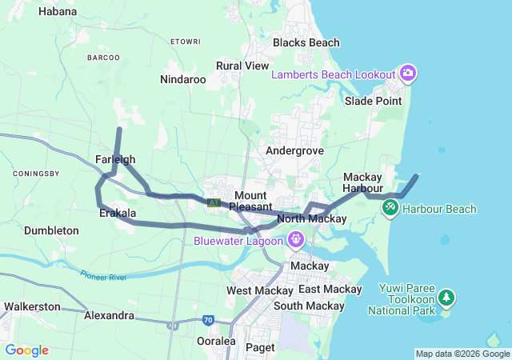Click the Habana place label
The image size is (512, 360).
[58, 12]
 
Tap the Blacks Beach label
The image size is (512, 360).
[306, 42]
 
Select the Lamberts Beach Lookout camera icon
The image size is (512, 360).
[408, 74]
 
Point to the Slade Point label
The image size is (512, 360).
[373, 101]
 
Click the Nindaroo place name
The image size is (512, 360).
[183, 79]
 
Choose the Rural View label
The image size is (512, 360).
[242, 66]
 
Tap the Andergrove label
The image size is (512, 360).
[295, 150]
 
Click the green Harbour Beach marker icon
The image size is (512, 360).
[390, 208]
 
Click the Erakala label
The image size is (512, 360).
[118, 214]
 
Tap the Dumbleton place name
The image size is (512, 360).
[51, 230]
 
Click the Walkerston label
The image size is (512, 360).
[32, 306]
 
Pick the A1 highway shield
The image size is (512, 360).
[214, 203]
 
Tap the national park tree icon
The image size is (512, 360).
[446, 299]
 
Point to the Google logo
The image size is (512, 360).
[26, 350]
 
